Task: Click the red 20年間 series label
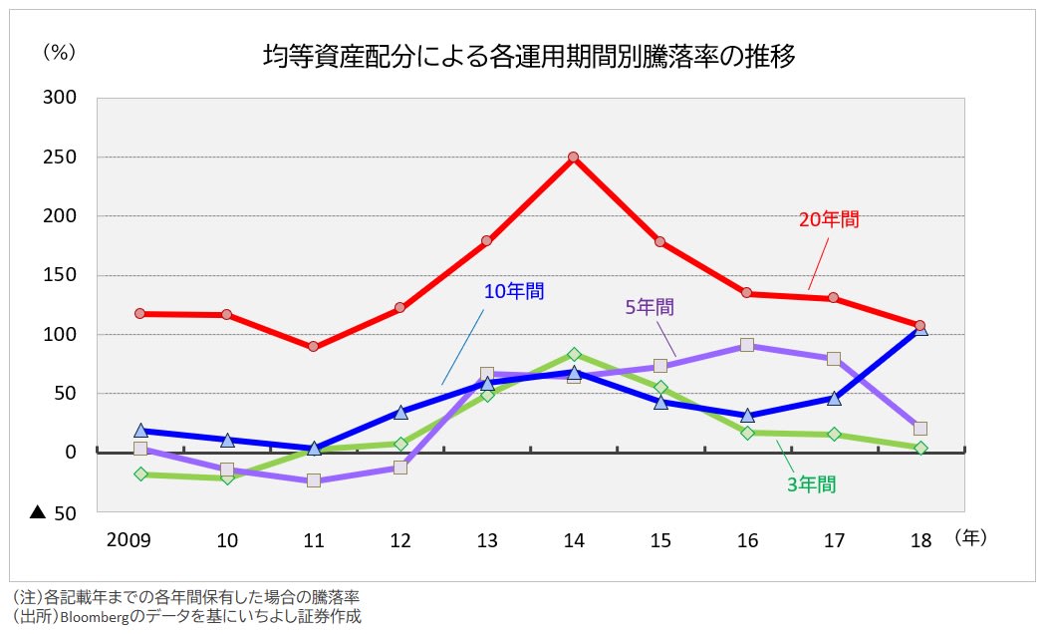[x=829, y=219]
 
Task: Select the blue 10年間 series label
[x=514, y=291]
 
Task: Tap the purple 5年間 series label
[x=650, y=307]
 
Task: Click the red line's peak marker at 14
[x=574, y=158]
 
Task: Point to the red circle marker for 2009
[x=140, y=313]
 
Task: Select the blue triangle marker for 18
[x=920, y=329]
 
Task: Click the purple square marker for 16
[x=747, y=345]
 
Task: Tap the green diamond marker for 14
[x=574, y=354]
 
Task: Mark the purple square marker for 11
[x=314, y=480]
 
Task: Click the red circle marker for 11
[x=314, y=347]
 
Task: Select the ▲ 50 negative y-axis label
[x=55, y=513]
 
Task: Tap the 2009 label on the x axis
[x=129, y=541]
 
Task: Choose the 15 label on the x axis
[x=660, y=541]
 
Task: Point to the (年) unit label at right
[x=969, y=538]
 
